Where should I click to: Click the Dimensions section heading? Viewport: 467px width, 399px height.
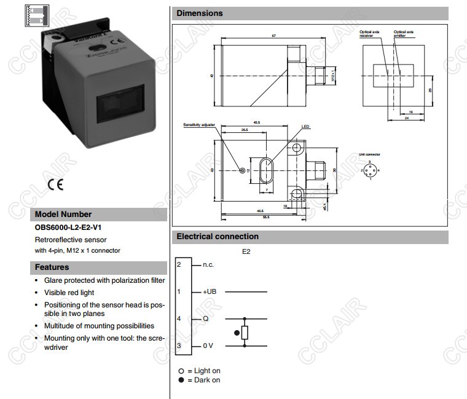pyautogui.click(x=200, y=13)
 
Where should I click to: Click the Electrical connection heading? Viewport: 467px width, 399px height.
pyautogui.click(x=218, y=236)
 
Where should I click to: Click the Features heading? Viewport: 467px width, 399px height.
pyautogui.click(x=52, y=267)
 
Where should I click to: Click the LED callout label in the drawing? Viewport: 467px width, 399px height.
pyautogui.click(x=305, y=127)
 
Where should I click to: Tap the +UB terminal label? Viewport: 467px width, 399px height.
pyautogui.click(x=210, y=291)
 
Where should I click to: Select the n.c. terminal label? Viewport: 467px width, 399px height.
pyautogui.click(x=208, y=264)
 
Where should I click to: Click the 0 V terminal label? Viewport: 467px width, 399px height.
pyautogui.click(x=208, y=346)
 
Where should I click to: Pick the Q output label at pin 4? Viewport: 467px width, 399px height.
pyautogui.click(x=206, y=319)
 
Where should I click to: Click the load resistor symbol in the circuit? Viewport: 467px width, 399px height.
pyautogui.click(x=245, y=333)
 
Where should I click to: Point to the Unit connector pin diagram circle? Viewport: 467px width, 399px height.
pyautogui.click(x=369, y=170)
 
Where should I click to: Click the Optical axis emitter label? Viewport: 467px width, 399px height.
pyautogui.click(x=404, y=33)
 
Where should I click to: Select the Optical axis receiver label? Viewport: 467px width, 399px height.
pyautogui.click(x=370, y=33)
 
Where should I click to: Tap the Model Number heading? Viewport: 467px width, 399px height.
pyautogui.click(x=63, y=215)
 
